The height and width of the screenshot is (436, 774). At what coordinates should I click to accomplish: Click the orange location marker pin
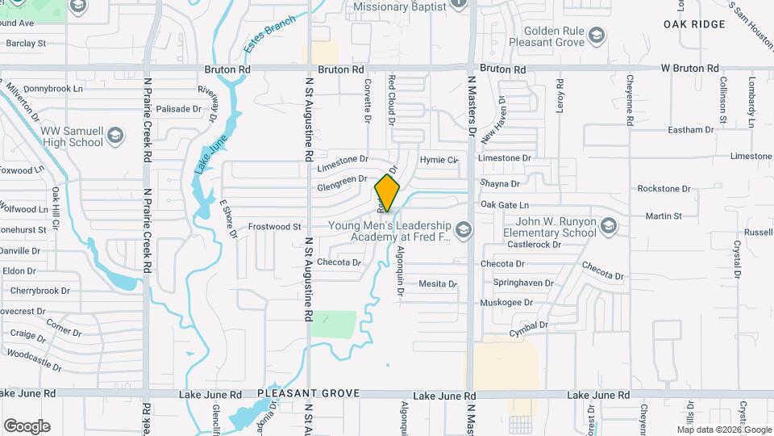pos(387,194)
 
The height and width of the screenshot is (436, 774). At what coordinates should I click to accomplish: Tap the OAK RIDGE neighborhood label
pos(694,25)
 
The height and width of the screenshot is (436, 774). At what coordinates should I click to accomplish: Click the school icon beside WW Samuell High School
pos(115,134)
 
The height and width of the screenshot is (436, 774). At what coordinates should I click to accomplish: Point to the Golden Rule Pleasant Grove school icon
pos(596,35)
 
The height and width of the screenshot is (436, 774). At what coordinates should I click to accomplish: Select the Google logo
pos(26,426)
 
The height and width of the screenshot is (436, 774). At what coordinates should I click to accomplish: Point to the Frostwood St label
pos(274,227)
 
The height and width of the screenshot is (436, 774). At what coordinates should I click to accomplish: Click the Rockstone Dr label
pos(664,188)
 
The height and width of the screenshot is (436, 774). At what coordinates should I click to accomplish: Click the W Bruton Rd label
pos(689,69)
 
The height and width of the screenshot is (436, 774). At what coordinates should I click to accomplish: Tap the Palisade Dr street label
pos(178,108)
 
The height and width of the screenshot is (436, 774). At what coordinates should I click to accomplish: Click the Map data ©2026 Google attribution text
pos(723,430)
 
